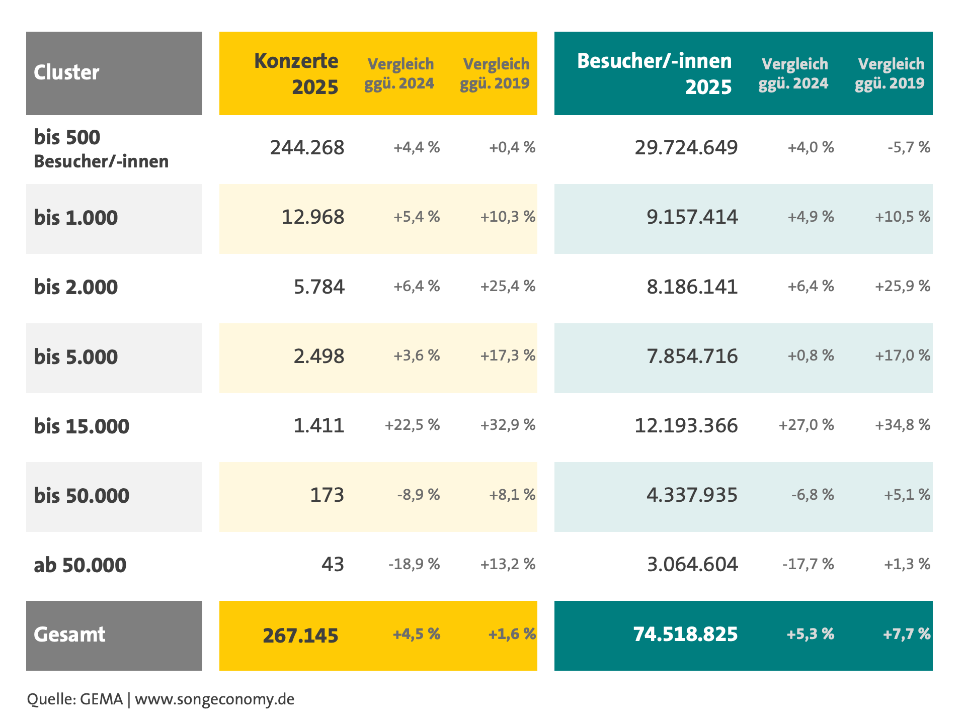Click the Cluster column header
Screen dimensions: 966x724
(66, 72)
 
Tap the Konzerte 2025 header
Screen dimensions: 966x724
(296, 73)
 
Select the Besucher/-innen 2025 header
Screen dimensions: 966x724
(655, 73)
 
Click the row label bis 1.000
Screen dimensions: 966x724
(76, 218)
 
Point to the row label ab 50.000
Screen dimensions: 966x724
(80, 565)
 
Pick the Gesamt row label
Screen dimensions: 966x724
(69, 635)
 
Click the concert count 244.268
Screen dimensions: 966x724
(307, 147)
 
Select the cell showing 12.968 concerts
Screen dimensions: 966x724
(313, 217)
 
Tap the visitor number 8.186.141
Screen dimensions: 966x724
(692, 287)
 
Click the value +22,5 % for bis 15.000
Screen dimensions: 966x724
(413, 425)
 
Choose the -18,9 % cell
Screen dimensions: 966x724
(415, 564)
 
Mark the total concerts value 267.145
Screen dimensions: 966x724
(301, 636)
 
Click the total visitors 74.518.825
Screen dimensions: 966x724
(686, 634)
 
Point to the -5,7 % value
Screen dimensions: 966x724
(909, 147)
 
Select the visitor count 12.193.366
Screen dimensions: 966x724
(686, 425)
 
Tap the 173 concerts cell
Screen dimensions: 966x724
(327, 495)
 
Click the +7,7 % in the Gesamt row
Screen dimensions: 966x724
(907, 634)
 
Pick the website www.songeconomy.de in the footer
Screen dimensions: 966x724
(215, 699)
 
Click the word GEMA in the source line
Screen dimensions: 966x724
(102, 699)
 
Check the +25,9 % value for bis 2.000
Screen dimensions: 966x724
(903, 286)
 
